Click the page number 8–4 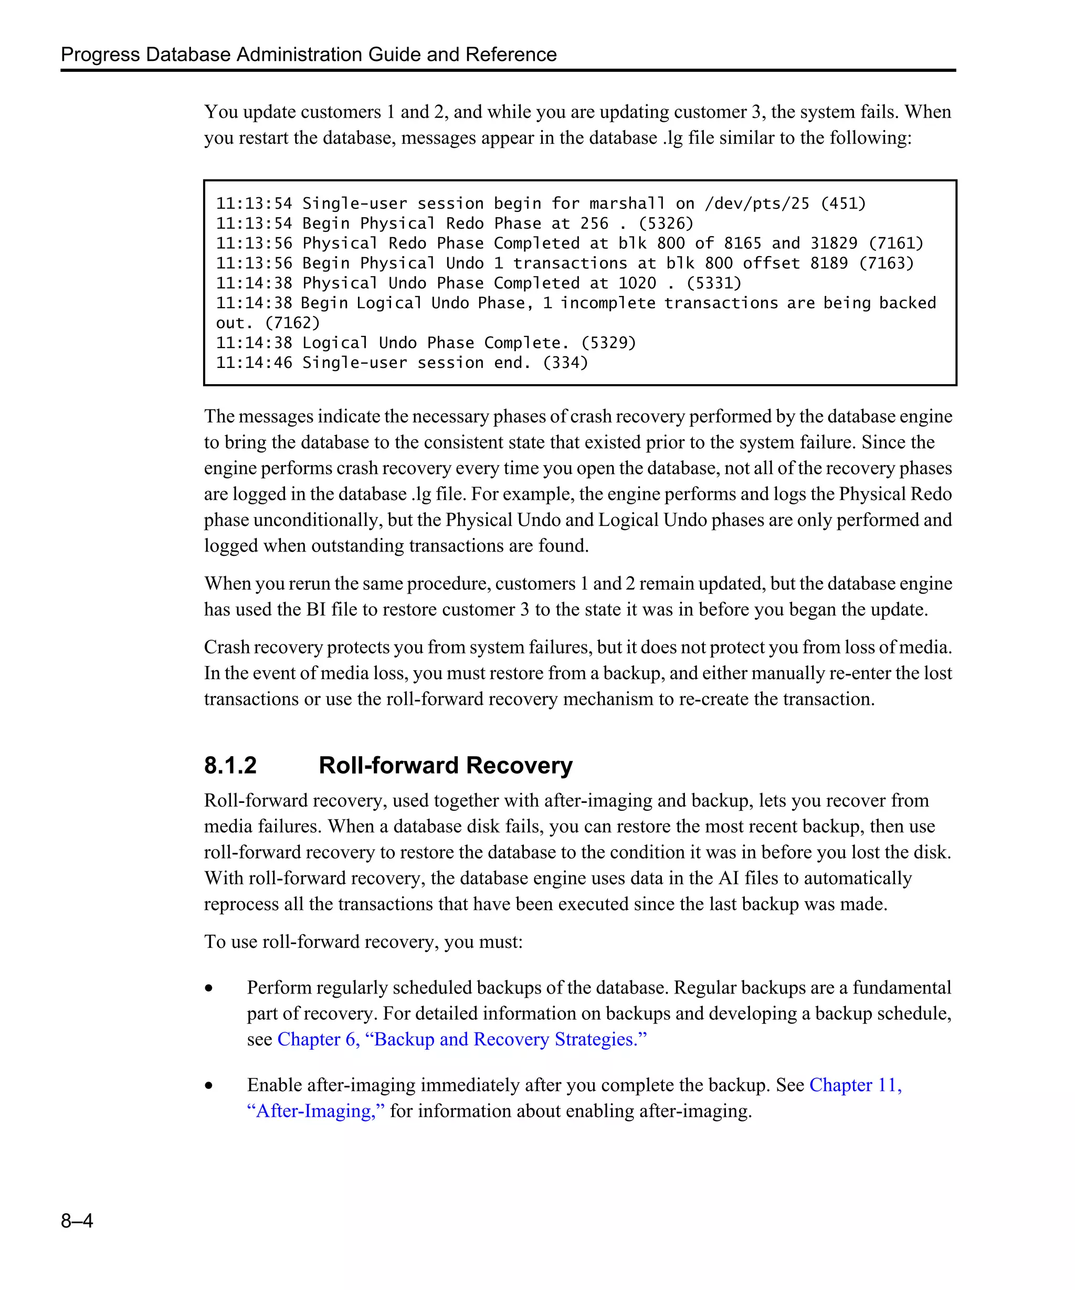click(77, 1220)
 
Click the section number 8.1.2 click(230, 765)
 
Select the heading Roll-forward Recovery click(445, 765)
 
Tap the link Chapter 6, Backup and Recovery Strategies click(462, 1039)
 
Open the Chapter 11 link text click(855, 1085)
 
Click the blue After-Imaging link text click(316, 1111)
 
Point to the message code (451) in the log click(844, 203)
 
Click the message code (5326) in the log click(666, 223)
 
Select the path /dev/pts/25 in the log click(757, 203)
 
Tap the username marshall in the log click(627, 203)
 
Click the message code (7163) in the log click(886, 263)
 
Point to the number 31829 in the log click(834, 244)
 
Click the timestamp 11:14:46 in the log click(254, 363)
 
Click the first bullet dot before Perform click(209, 988)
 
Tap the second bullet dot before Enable click(209, 1086)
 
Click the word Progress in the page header click(100, 55)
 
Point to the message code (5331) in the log click(714, 283)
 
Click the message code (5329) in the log click(608, 343)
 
